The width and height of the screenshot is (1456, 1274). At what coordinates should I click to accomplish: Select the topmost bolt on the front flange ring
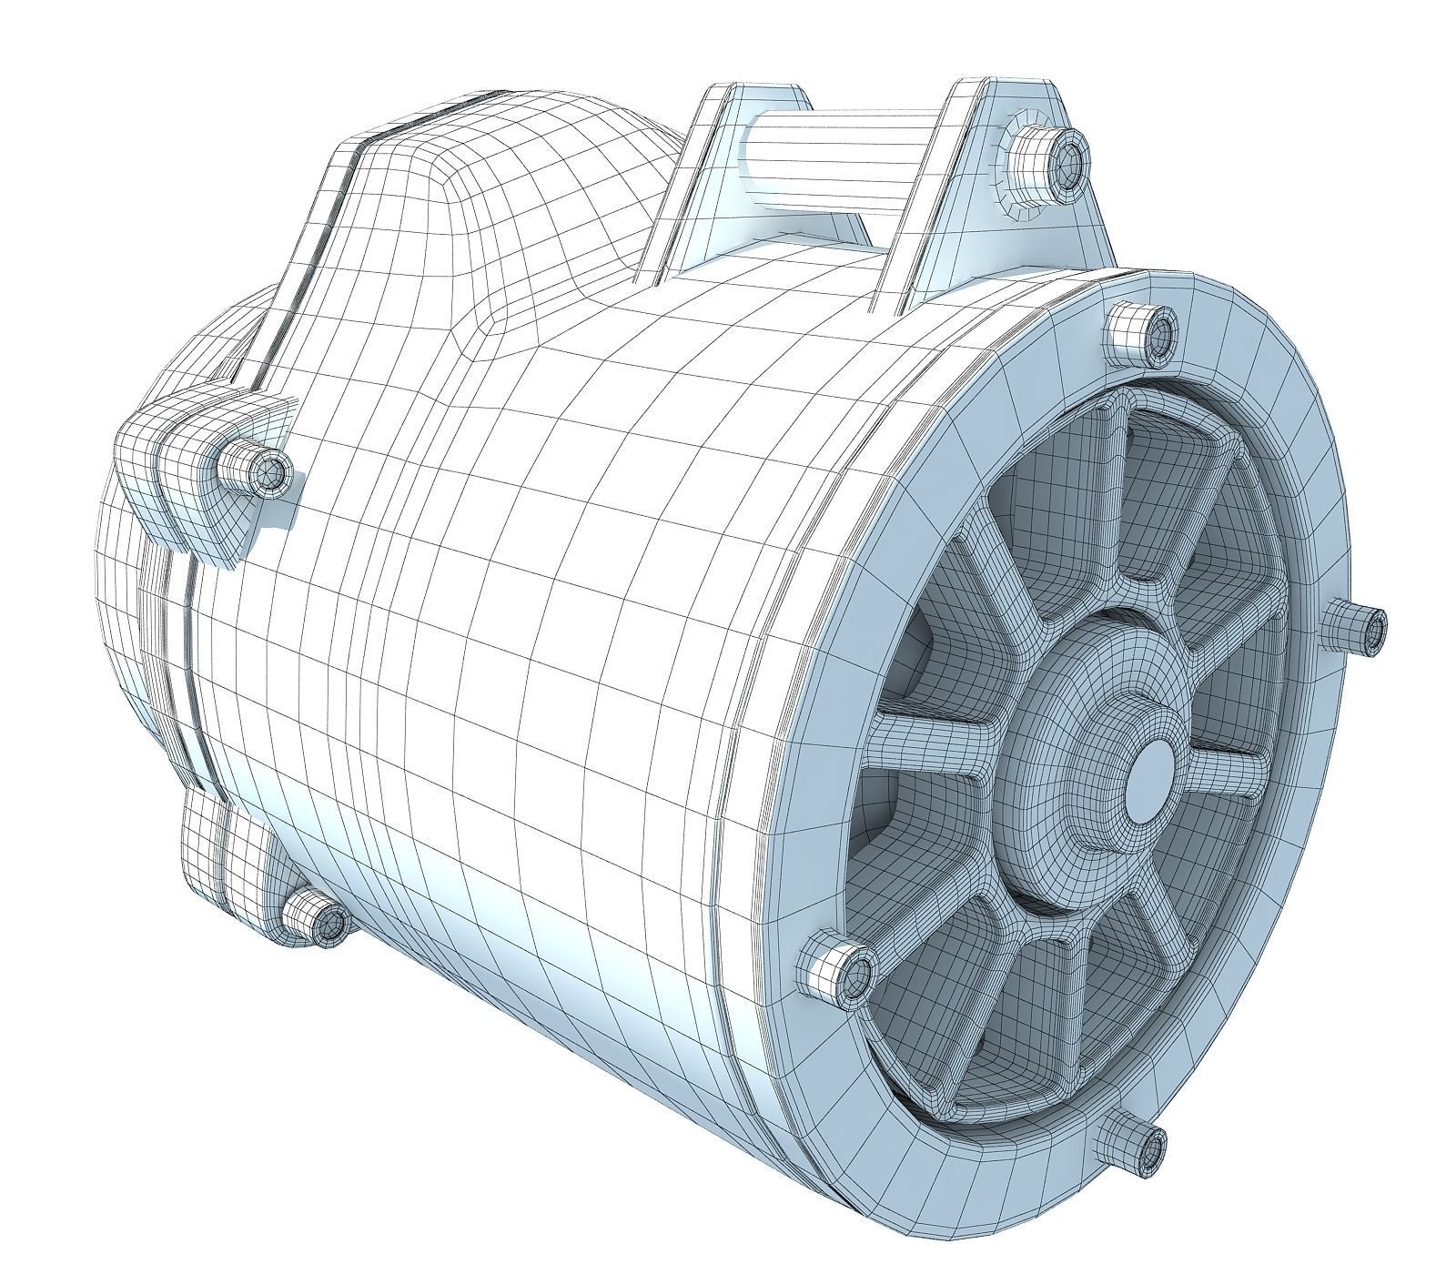pyautogui.click(x=1143, y=333)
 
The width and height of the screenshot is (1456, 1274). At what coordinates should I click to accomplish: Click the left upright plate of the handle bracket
pyautogui.click(x=701, y=182)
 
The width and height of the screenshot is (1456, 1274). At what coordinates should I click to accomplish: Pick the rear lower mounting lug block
pyautogui.click(x=227, y=855)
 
